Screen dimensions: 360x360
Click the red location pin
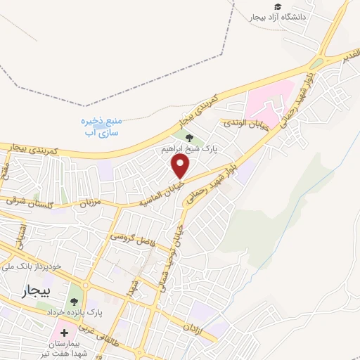click(181, 166)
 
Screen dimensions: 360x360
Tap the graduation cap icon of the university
click(278, 6)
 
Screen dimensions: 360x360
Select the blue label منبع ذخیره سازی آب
click(98, 126)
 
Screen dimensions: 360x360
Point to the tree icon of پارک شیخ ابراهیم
click(190, 137)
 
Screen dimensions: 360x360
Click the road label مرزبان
click(90, 204)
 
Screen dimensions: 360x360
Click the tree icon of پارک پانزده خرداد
click(75, 304)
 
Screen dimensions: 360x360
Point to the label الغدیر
click(349, 54)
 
